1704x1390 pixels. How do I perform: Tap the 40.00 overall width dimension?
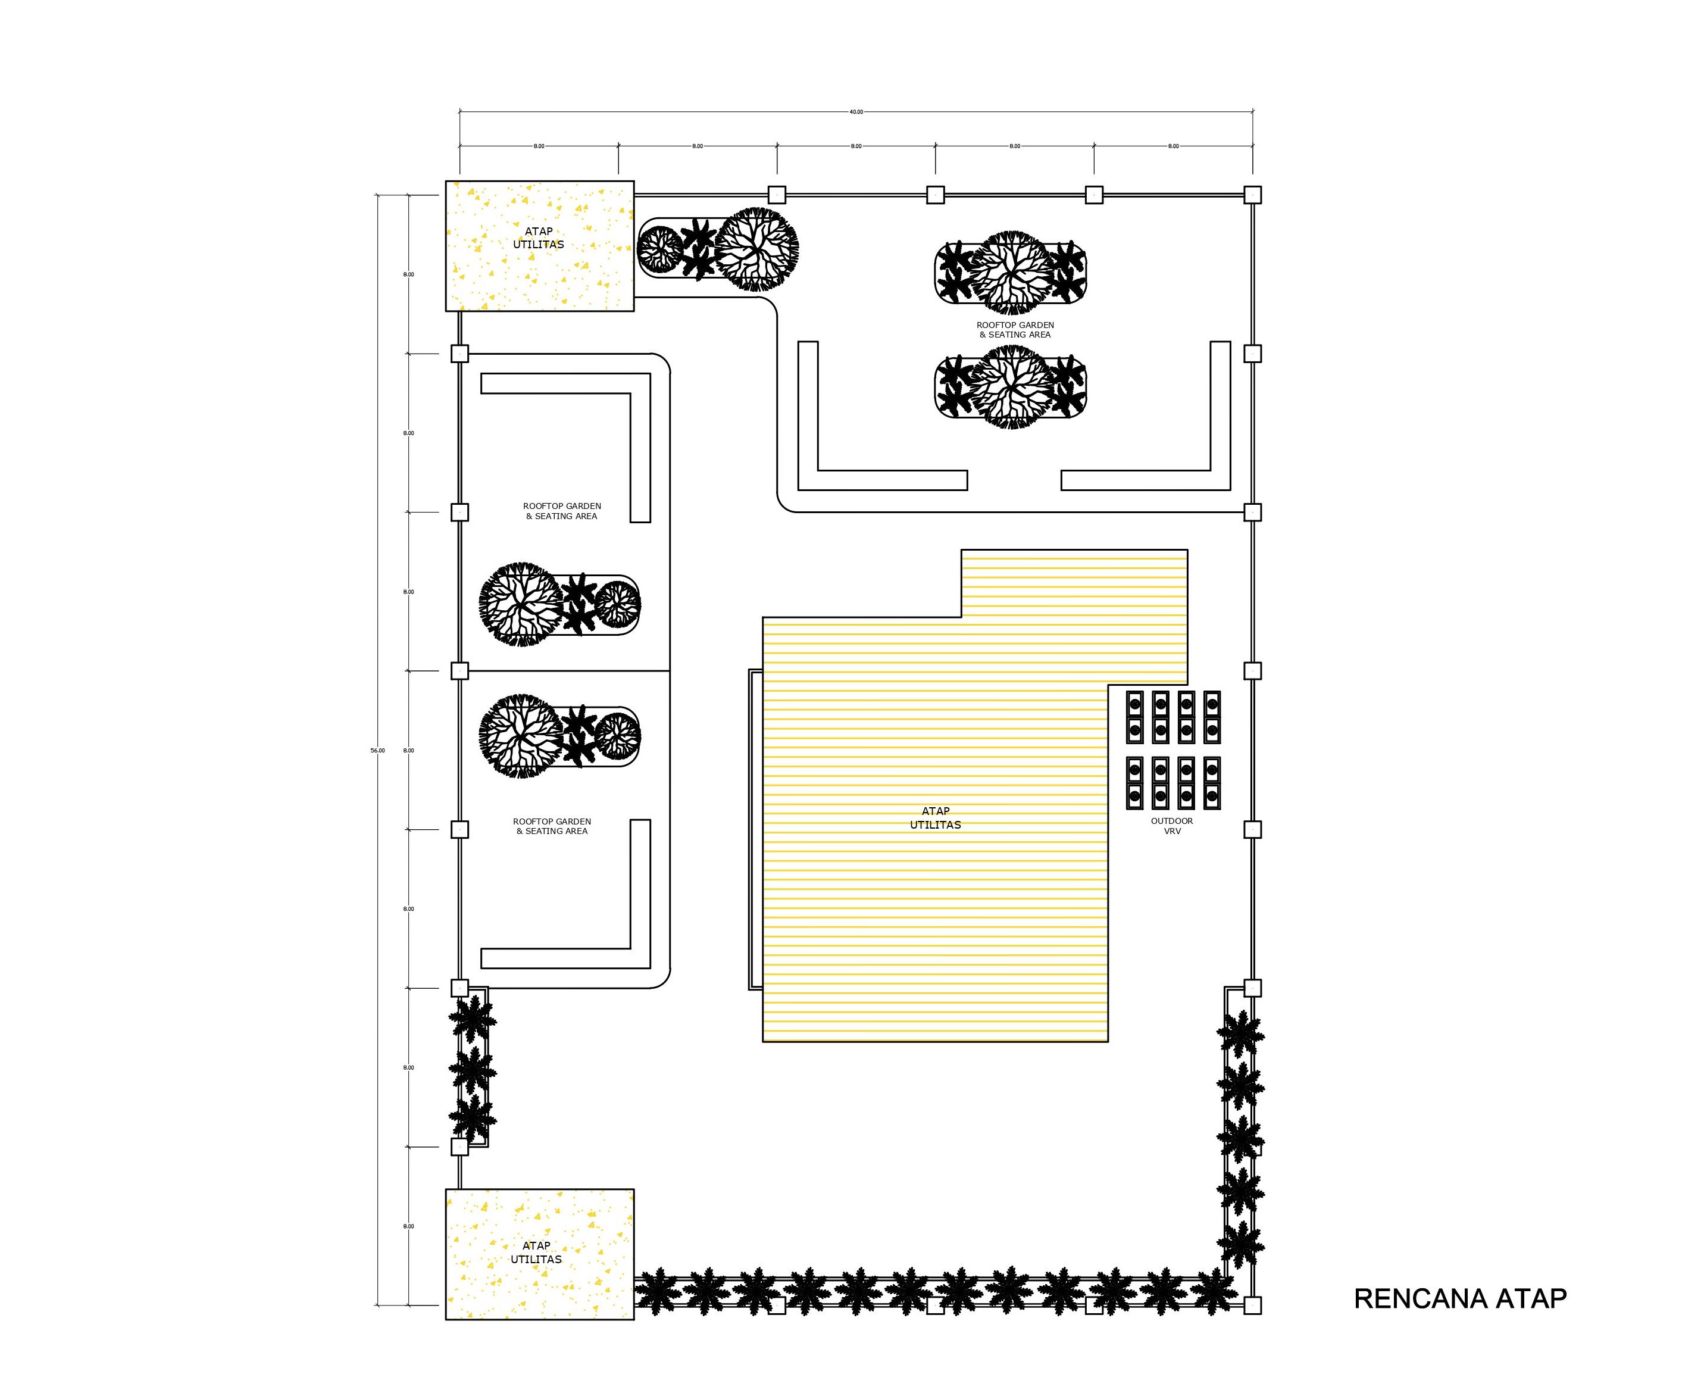tap(856, 112)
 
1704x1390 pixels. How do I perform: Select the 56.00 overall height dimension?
tap(377, 750)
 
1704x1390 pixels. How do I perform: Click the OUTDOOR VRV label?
tap(1172, 826)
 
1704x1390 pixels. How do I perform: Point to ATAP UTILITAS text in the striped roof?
tap(935, 817)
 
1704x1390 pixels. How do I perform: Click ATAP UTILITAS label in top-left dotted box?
tap(539, 238)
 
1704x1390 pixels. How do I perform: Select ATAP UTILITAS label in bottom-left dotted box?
tap(536, 1252)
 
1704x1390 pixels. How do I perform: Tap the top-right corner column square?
tap(1253, 195)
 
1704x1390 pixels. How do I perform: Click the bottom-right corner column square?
tap(1253, 1305)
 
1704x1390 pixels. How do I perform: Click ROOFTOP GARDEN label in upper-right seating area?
tap(1015, 330)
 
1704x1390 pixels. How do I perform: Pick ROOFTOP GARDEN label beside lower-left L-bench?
tap(552, 826)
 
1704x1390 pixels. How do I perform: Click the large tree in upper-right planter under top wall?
tap(1011, 272)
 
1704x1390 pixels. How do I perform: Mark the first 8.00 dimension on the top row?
tap(539, 146)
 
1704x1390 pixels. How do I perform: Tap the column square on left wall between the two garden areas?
tap(459, 670)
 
